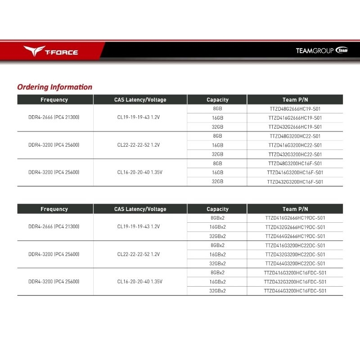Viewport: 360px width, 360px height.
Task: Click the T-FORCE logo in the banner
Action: pyautogui.click(x=51, y=51)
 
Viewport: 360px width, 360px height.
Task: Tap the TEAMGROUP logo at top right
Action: pyautogui.click(x=322, y=51)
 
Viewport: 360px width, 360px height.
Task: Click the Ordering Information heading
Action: pyautogui.click(x=54, y=87)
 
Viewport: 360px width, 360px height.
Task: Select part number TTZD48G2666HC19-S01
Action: pyautogui.click(x=295, y=109)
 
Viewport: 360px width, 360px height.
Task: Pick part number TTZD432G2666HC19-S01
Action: pyautogui.click(x=295, y=127)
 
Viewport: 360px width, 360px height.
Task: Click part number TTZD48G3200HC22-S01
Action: pyautogui.click(x=295, y=136)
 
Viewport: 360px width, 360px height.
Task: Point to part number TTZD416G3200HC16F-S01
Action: pyautogui.click(x=295, y=172)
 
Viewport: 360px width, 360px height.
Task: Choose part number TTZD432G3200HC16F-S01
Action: pyautogui.click(x=295, y=182)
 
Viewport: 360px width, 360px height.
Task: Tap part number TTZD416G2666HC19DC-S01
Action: pyautogui.click(x=295, y=218)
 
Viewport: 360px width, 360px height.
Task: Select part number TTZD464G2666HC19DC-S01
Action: pyautogui.click(x=295, y=236)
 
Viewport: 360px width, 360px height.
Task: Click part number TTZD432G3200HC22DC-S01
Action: pyautogui.click(x=295, y=254)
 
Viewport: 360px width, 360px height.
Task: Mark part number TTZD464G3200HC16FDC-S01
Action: pyautogui.click(x=295, y=291)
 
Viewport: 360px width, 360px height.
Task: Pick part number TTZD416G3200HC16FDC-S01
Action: pyautogui.click(x=295, y=273)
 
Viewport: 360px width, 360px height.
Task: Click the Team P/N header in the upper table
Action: pyautogui.click(x=295, y=99)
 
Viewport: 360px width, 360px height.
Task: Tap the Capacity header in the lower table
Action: pyautogui.click(x=217, y=209)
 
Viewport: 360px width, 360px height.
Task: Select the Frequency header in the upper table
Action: pyautogui.click(x=54, y=99)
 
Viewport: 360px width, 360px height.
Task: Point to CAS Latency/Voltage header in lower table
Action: pyautogui.click(x=140, y=209)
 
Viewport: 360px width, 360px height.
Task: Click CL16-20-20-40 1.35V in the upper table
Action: pyautogui.click(x=140, y=172)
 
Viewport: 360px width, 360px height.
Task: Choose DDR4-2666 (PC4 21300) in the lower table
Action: pyautogui.click(x=54, y=227)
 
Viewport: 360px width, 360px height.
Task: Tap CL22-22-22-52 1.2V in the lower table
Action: pyautogui.click(x=139, y=254)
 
